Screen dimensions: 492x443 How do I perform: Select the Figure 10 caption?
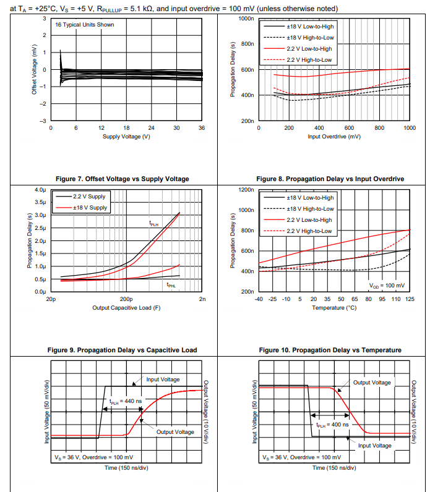coord(330,350)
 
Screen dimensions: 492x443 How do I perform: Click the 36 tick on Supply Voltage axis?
coord(202,128)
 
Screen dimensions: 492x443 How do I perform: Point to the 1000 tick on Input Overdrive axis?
coord(409,128)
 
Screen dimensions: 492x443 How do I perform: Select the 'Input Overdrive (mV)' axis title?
coord(334,136)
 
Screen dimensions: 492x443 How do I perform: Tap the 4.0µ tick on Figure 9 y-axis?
coord(40,189)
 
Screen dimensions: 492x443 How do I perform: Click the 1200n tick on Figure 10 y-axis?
coord(246,189)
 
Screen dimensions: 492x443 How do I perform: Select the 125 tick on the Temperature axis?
coord(409,299)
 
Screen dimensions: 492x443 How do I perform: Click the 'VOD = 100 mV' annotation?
coord(387,286)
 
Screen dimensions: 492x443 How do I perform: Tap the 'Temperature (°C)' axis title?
coord(334,307)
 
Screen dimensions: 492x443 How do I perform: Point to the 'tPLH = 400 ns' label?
coord(332,425)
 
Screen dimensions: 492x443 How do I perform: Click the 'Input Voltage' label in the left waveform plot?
coord(163,380)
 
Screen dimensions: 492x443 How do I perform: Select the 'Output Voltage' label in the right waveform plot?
coord(372,383)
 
